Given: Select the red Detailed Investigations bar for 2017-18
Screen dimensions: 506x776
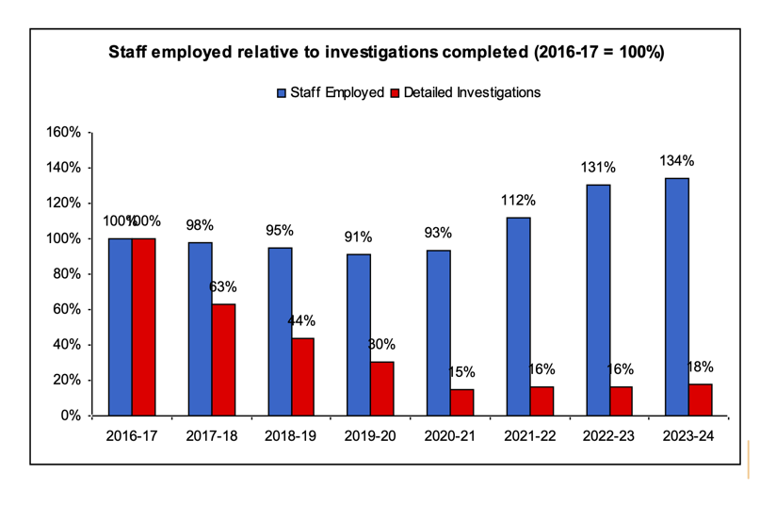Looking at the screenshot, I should pyautogui.click(x=222, y=359).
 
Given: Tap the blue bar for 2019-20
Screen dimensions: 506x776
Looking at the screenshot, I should pyautogui.click(x=358, y=335).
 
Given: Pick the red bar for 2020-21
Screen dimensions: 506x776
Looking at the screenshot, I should pyautogui.click(x=461, y=401).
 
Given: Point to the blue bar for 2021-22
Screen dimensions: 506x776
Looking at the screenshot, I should pyautogui.click(x=517, y=316).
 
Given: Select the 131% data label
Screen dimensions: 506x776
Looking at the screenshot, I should pyautogui.click(x=597, y=168).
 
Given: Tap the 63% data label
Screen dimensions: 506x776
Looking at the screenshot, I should pyautogui.click(x=223, y=286).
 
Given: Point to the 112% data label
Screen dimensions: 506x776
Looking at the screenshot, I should pyautogui.click(x=517, y=200).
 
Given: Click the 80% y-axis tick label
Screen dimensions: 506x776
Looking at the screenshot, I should pyautogui.click(x=67, y=274).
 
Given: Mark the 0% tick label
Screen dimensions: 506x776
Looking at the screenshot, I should pyautogui.click(x=71, y=416).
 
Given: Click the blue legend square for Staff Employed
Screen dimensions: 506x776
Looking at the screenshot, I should pyautogui.click(x=281, y=92).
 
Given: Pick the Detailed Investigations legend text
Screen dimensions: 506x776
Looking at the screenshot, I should pyautogui.click(x=471, y=92).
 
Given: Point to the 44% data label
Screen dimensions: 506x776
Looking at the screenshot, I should pyautogui.click(x=303, y=320).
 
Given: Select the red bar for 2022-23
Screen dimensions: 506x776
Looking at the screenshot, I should pyautogui.click(x=621, y=400).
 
